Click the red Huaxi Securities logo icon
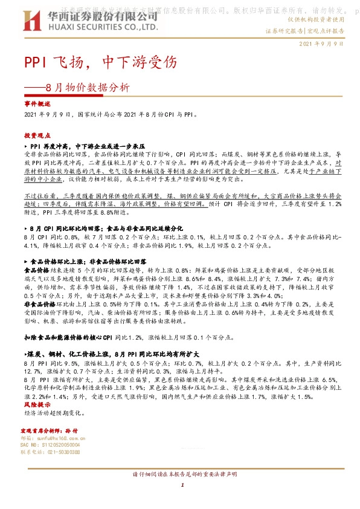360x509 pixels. coord(31,21)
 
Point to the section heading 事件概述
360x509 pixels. coord(38,104)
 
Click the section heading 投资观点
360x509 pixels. coord(38,135)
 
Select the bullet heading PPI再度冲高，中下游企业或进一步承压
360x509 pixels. coord(88,146)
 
